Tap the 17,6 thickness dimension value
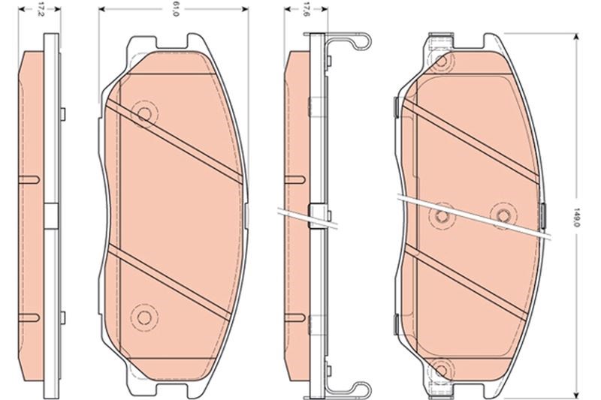pyautogui.click(x=307, y=10)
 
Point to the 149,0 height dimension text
pyautogui.click(x=575, y=217)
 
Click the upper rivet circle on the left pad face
pyautogui.click(x=144, y=113)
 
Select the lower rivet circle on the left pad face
pyautogui.click(x=144, y=317)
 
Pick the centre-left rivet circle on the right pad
pyautogui.click(x=442, y=216)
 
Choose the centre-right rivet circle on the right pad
pyautogui.click(x=503, y=216)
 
